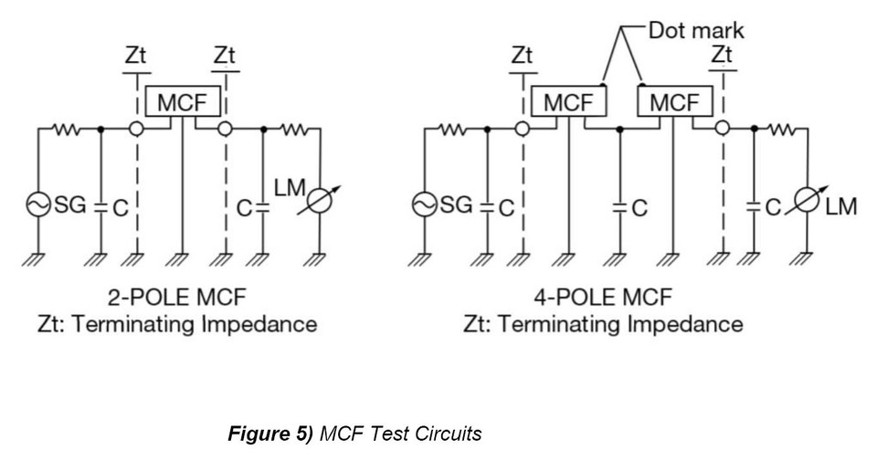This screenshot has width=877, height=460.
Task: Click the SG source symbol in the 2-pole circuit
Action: click(38, 204)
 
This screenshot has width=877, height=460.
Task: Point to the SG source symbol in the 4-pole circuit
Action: click(425, 204)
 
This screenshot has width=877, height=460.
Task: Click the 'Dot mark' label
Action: click(696, 30)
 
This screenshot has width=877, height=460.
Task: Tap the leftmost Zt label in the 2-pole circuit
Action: click(136, 56)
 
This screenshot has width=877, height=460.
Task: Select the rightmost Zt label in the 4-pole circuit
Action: click(722, 55)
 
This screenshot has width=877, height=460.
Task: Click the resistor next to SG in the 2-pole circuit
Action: click(67, 130)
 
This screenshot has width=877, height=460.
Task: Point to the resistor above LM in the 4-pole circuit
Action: click(781, 130)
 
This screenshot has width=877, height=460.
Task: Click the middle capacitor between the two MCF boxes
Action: click(619, 207)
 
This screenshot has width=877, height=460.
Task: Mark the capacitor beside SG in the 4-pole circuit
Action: click(487, 207)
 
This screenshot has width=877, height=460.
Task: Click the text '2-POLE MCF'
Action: click(176, 297)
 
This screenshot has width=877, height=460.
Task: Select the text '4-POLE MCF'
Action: click(603, 297)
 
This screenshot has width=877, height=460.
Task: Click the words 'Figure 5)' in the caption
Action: click(270, 434)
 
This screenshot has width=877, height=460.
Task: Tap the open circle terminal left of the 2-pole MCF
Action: click(136, 129)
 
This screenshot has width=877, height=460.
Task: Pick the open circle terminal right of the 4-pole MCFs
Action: click(723, 129)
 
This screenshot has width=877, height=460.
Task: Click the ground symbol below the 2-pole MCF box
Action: click(183, 259)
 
